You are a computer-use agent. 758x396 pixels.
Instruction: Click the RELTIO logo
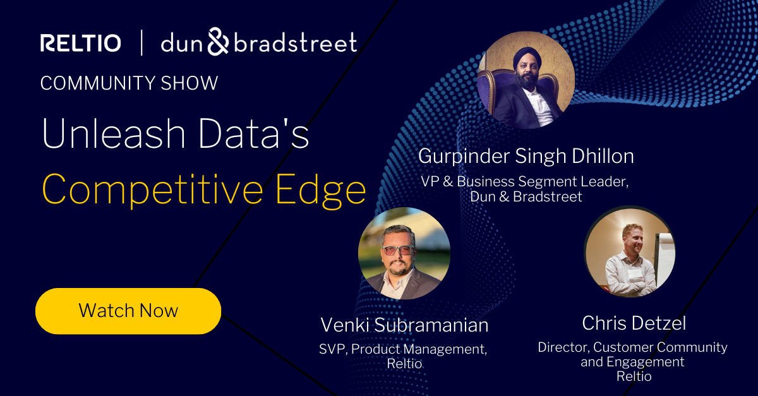point(80,43)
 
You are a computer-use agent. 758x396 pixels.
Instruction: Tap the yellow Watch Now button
point(128,311)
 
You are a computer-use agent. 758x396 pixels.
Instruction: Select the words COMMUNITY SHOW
point(129,83)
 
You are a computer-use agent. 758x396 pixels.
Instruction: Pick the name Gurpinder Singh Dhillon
point(526,156)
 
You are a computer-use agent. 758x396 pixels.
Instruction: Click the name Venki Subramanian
point(404,325)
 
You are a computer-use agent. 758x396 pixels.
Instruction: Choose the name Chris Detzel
point(634,323)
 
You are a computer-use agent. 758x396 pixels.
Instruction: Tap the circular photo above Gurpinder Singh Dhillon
point(526,81)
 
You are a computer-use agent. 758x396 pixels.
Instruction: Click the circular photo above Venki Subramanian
point(404,253)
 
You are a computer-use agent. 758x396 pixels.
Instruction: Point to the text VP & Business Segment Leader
point(526,182)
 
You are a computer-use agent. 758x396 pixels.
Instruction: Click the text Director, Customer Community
point(632,347)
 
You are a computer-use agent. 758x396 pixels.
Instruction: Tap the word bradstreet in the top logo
point(295,43)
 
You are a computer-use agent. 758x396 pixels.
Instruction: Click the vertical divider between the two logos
point(141,43)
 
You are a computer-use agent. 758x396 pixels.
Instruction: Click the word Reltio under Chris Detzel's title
point(634,376)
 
